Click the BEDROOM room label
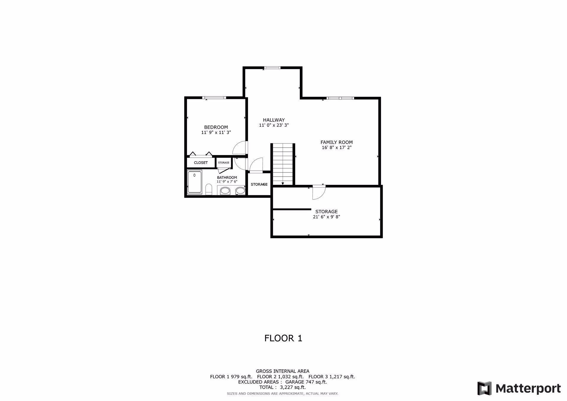(x=216, y=127)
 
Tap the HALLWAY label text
(x=274, y=120)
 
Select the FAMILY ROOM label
(x=336, y=142)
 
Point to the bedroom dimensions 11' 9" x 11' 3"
(x=216, y=133)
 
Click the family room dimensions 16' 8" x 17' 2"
(x=336, y=148)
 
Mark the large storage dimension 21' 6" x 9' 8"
(x=326, y=217)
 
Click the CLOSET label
(x=201, y=163)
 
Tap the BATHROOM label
(x=227, y=177)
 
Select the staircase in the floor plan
(x=283, y=164)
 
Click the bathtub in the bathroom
(x=195, y=182)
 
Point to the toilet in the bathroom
(x=209, y=189)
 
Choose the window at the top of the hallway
(x=272, y=68)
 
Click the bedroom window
(x=214, y=98)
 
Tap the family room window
(x=340, y=98)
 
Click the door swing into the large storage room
(x=319, y=192)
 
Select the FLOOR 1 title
(x=283, y=338)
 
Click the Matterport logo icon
(x=484, y=388)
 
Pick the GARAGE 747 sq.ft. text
(x=306, y=382)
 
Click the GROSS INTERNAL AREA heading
(x=282, y=371)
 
